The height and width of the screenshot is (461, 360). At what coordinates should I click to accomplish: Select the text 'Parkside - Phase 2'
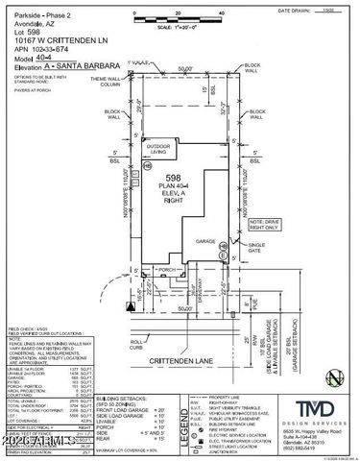click(x=33, y=8)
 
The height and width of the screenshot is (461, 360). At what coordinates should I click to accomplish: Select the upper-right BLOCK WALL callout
click(x=252, y=67)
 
